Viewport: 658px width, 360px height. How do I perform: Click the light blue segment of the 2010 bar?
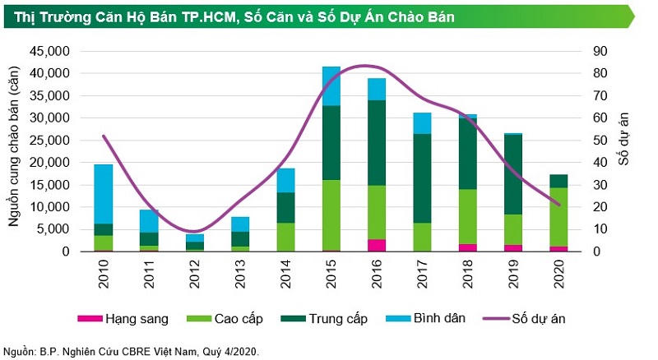coord(104,193)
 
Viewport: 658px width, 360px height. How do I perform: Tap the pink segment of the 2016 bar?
coord(377,245)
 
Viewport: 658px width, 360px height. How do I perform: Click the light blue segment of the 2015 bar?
coord(331,85)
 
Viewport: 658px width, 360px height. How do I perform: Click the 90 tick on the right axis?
coord(600,51)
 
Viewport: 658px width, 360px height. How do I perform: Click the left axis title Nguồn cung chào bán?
coord(14,151)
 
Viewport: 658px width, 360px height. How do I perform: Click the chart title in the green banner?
coord(247,16)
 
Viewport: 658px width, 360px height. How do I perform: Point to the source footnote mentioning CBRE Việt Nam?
coord(132,351)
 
